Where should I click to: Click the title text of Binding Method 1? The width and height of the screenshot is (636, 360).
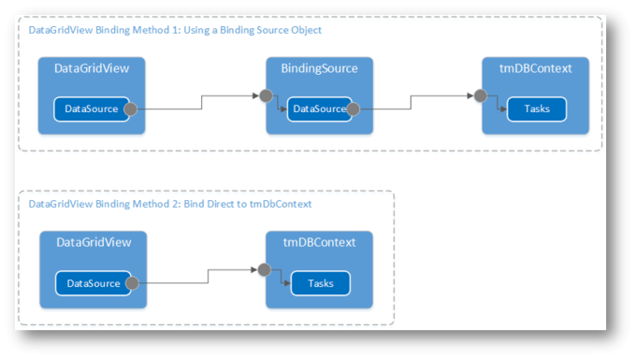click(176, 30)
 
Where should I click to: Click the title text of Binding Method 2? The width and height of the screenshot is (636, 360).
click(170, 203)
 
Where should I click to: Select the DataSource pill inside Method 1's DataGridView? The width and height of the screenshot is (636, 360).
click(85, 108)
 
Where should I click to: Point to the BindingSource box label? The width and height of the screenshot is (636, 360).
click(319, 68)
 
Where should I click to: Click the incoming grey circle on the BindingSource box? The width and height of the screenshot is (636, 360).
click(267, 95)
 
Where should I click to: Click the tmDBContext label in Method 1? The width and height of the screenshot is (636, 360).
click(536, 68)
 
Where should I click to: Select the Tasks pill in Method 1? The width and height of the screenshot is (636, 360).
click(537, 108)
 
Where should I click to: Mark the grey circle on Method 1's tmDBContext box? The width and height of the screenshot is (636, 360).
click(481, 95)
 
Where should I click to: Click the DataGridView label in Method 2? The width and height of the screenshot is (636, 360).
click(92, 242)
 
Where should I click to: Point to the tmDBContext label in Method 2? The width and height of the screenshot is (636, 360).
click(319, 242)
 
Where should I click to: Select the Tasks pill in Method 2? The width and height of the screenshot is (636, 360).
click(320, 282)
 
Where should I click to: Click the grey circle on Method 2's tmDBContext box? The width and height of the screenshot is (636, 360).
click(265, 269)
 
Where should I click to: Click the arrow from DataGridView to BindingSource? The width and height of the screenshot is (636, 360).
click(198, 103)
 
